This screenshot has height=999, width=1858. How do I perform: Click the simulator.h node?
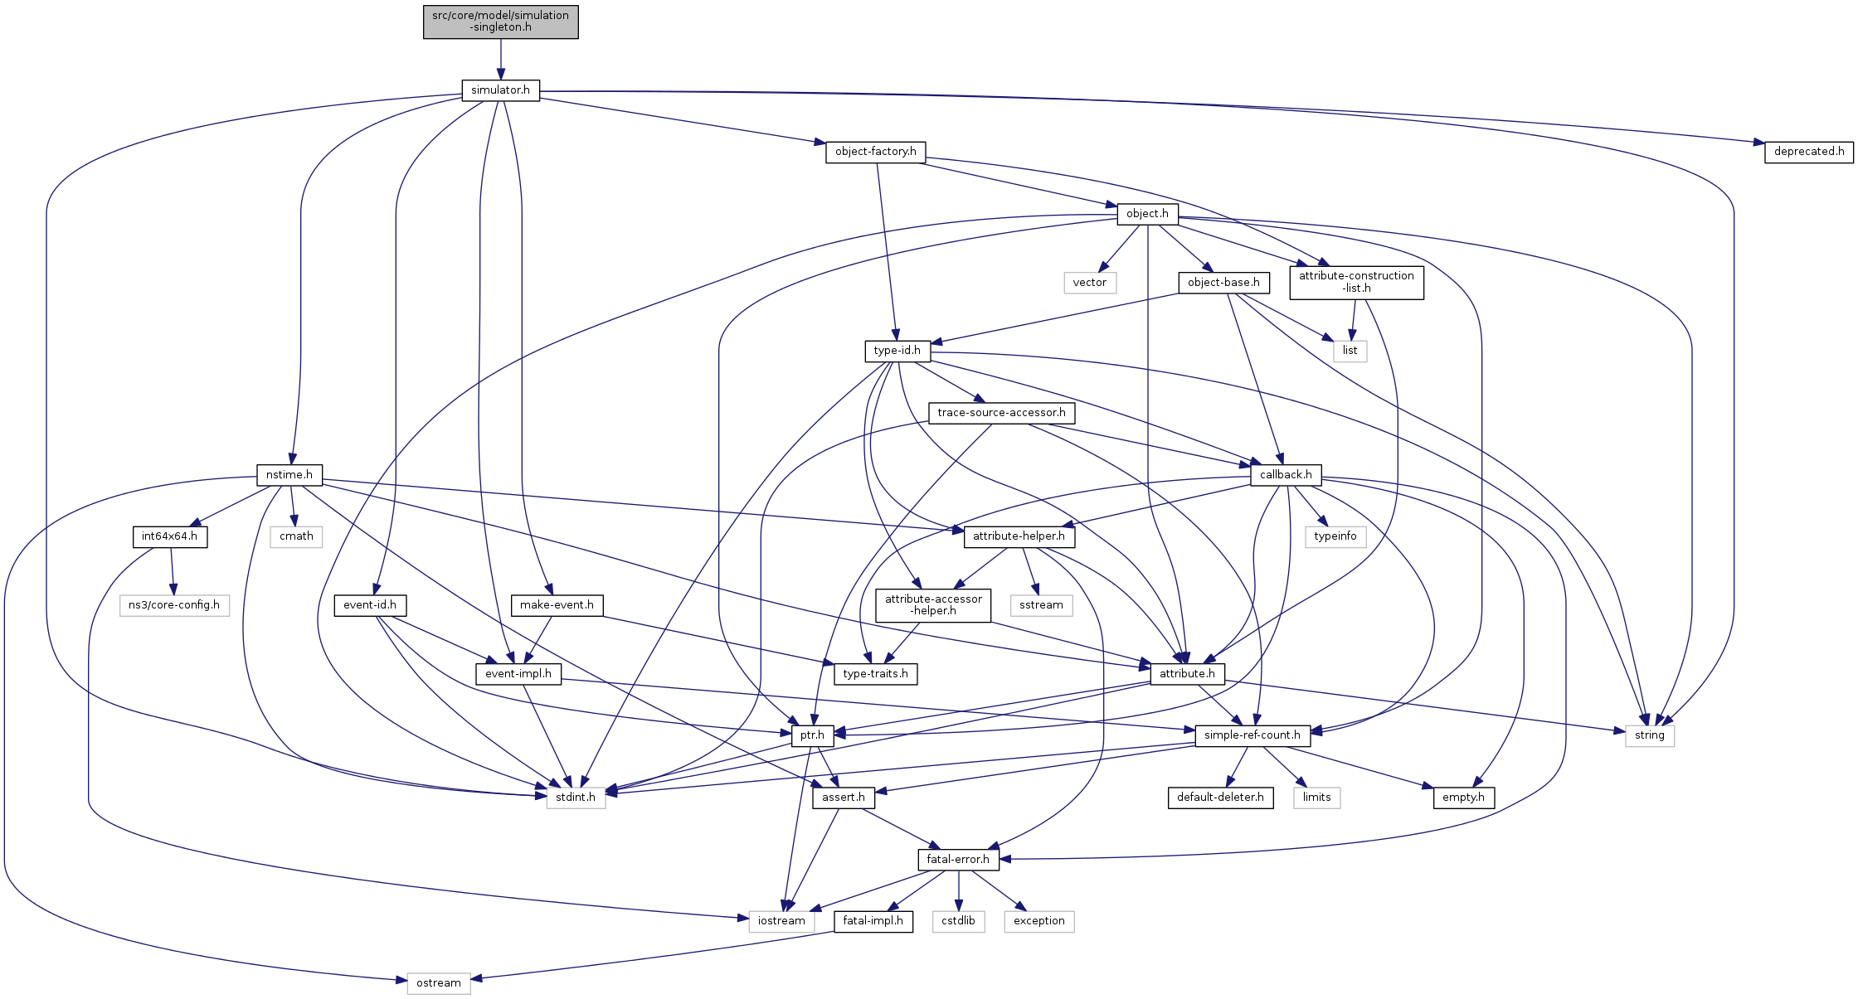(x=500, y=90)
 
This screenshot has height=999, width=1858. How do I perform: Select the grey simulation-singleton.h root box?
(x=500, y=22)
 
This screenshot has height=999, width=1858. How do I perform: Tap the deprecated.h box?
(x=1808, y=152)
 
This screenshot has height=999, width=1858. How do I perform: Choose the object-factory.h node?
(x=875, y=152)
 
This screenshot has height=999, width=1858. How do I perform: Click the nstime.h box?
(x=289, y=475)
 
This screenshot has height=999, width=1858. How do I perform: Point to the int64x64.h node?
(x=169, y=536)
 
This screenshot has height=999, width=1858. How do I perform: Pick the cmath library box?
(x=296, y=536)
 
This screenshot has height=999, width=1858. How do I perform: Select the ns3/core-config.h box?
(x=174, y=605)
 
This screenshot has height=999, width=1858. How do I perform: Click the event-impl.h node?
(x=518, y=674)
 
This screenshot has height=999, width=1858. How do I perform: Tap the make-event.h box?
(x=557, y=605)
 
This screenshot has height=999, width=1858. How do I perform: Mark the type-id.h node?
(x=897, y=351)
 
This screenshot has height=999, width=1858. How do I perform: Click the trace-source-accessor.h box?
(x=1001, y=413)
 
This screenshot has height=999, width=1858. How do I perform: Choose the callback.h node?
(x=1286, y=475)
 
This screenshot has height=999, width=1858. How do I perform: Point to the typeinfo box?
(x=1335, y=536)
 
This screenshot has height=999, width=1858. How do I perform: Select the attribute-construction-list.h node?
(x=1356, y=282)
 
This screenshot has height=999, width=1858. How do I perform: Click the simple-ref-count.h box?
(x=1252, y=735)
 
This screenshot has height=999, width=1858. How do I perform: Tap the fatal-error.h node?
(x=958, y=860)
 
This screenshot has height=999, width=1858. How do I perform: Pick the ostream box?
(x=438, y=983)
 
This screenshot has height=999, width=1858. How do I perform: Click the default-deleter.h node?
(x=1220, y=798)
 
